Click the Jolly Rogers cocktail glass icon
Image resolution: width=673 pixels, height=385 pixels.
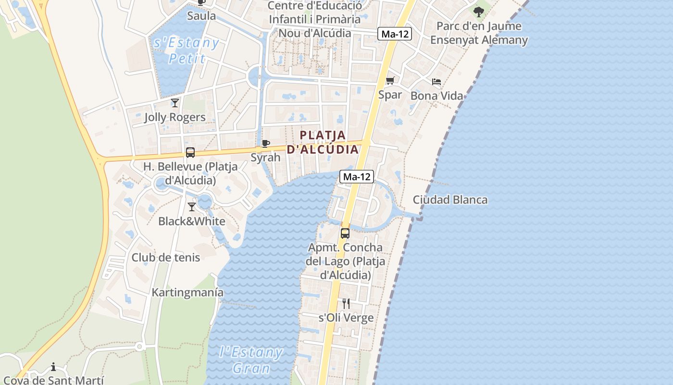[175, 103]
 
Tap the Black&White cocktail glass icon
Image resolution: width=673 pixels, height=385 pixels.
[192, 207]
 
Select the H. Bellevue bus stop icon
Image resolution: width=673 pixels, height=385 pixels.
[190, 153]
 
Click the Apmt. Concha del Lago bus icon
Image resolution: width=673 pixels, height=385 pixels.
[345, 233]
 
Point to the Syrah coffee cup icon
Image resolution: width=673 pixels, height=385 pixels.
[265, 143]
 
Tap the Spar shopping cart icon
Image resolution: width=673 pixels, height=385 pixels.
[390, 80]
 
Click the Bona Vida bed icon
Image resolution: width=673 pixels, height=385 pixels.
[436, 82]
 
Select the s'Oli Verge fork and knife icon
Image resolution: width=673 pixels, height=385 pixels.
[346, 304]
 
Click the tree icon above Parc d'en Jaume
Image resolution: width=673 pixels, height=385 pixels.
[478, 12]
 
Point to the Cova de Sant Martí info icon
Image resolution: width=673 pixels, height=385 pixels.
[53, 367]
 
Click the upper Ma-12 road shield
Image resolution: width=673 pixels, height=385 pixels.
[395, 34]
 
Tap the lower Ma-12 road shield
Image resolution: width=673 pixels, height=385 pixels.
[357, 177]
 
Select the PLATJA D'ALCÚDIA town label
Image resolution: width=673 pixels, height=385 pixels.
[323, 142]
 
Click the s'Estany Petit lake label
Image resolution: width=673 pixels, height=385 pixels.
[187, 51]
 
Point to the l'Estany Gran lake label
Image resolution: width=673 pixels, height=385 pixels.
[251, 360]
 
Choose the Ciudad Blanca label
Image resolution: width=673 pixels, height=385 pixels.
[450, 200]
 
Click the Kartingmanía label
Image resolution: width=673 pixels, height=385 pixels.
[187, 292]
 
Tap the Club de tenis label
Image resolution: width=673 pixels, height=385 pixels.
[166, 257]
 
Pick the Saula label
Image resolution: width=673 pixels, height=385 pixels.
[201, 16]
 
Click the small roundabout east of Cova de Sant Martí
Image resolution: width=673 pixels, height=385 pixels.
[139, 346]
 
